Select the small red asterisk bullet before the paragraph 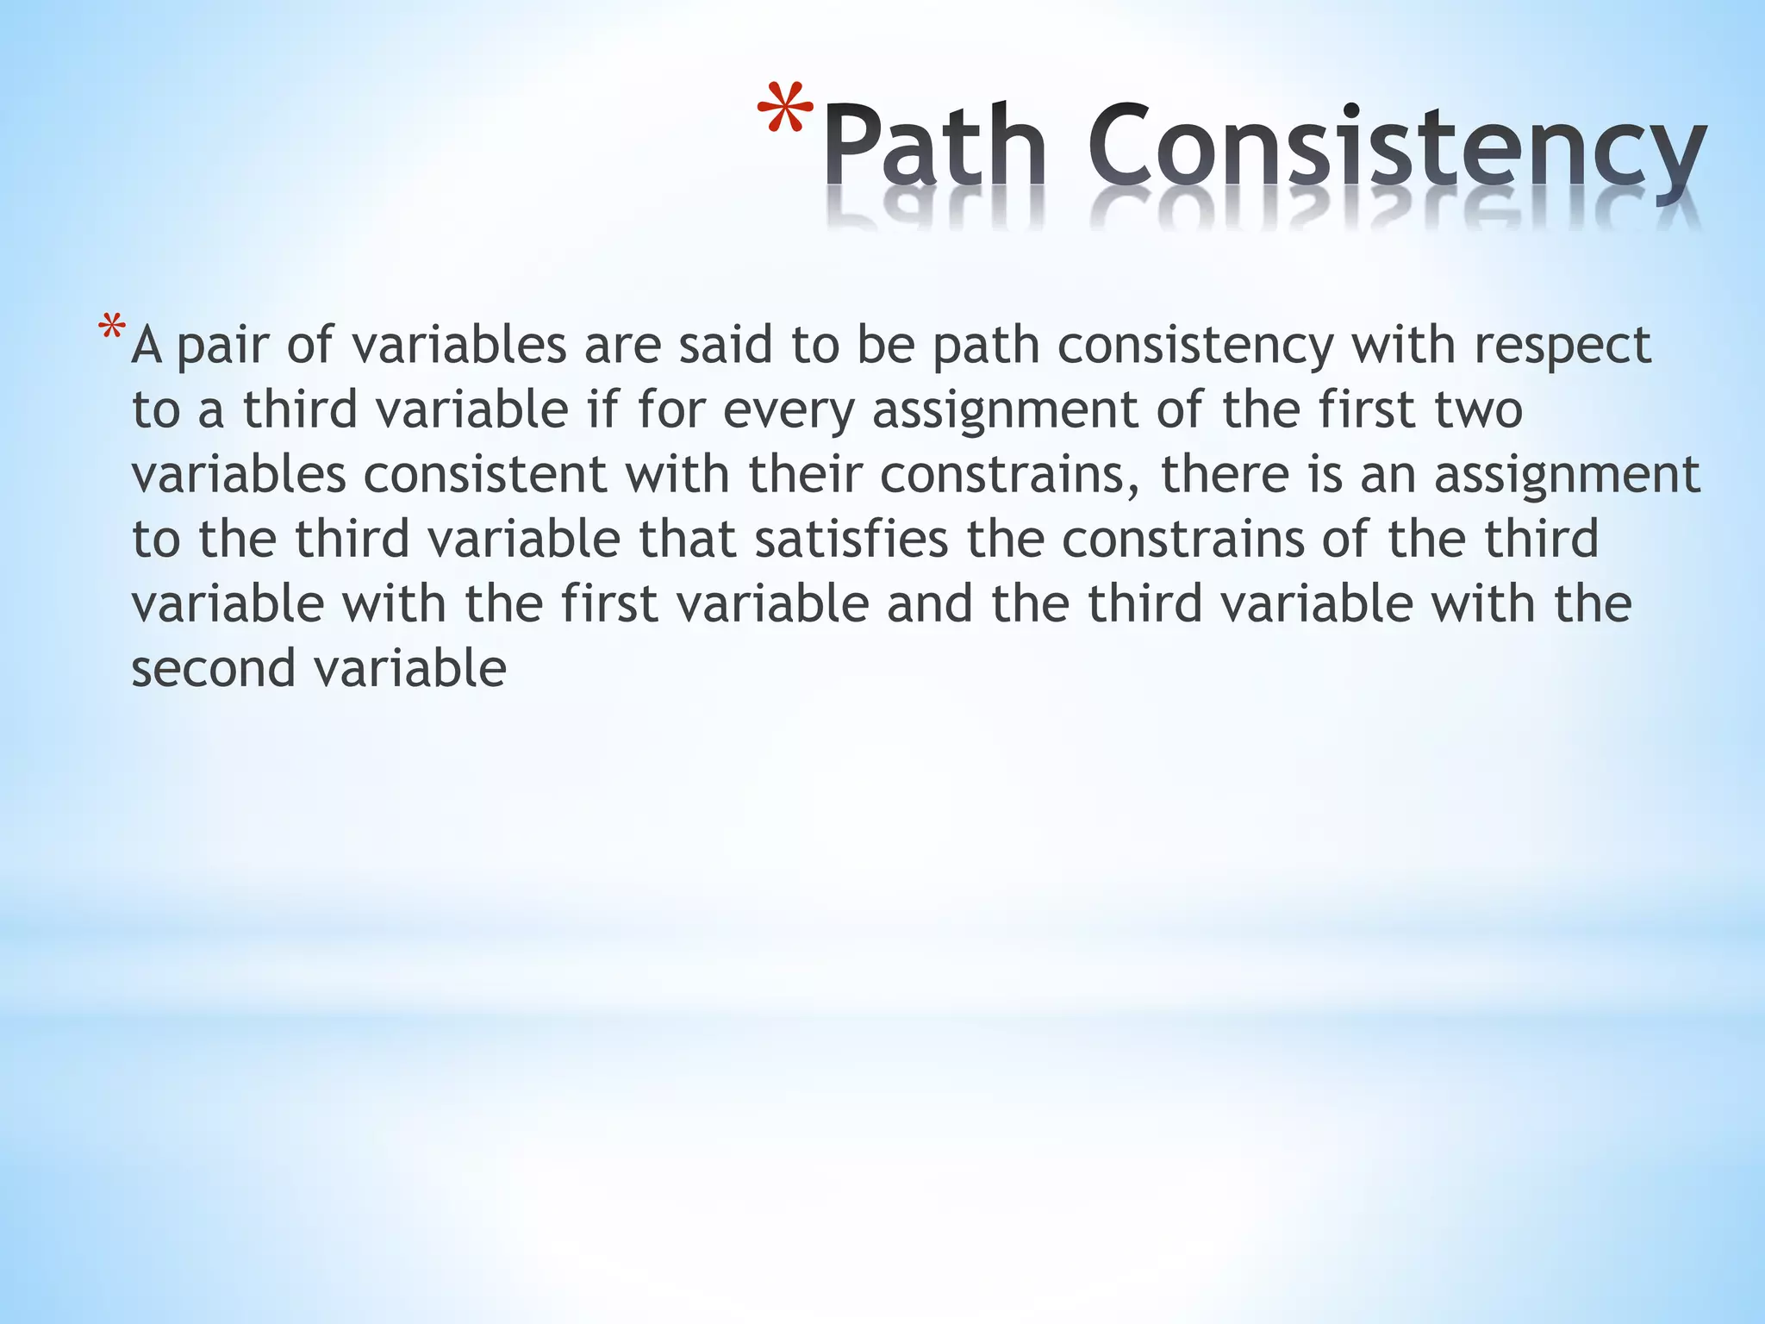[x=112, y=329]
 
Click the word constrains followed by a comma [x=1009, y=475]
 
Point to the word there [x=1225, y=475]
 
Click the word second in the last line [x=213, y=669]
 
